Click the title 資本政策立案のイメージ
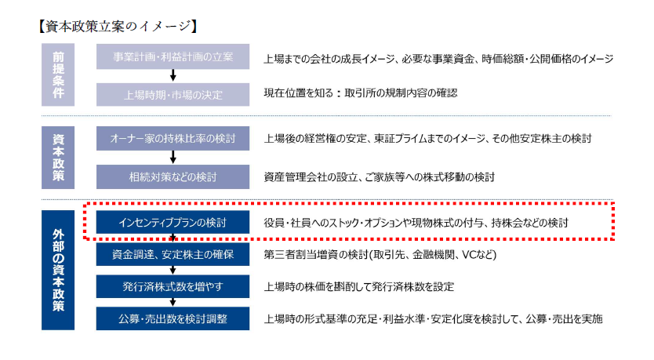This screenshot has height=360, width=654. [x=118, y=27]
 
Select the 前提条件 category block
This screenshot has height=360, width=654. [x=58, y=75]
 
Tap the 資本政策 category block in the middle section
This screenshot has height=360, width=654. [x=58, y=158]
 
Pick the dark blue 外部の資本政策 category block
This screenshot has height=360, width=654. [x=58, y=270]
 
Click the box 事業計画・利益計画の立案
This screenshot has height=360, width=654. [x=173, y=56]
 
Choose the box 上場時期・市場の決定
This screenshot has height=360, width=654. [x=173, y=95]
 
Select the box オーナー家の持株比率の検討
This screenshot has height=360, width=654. [x=173, y=139]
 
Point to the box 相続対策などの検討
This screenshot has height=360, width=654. [x=173, y=177]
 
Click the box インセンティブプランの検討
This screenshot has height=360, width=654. [x=173, y=222]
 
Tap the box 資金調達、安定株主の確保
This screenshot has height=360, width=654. [x=173, y=254]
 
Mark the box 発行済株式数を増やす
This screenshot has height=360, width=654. [x=173, y=286]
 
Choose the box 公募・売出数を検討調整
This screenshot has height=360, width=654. [x=173, y=318]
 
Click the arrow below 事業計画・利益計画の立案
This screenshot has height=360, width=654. [x=173, y=75]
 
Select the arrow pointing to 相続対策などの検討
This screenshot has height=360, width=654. [x=173, y=158]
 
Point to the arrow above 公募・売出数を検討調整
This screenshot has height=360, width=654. [x=173, y=303]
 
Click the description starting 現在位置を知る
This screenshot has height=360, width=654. [x=361, y=93]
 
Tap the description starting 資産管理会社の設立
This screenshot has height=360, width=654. [x=379, y=177]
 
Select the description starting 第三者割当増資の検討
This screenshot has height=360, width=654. [x=380, y=254]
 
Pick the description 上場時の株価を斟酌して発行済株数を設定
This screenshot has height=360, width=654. [x=358, y=286]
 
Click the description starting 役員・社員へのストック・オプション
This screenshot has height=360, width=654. [x=416, y=223]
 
